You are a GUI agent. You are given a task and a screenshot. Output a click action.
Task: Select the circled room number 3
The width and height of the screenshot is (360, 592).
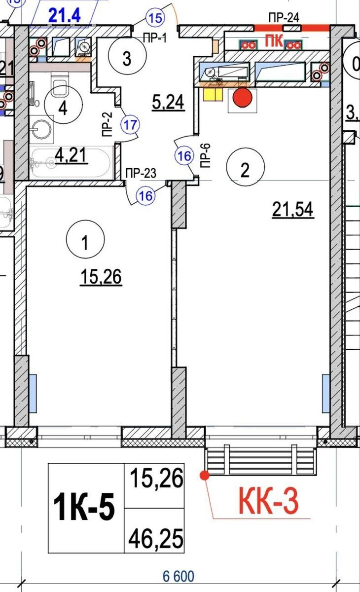pos(127,59)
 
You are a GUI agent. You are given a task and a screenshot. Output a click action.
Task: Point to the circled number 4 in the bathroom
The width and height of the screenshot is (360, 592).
pos(63,109)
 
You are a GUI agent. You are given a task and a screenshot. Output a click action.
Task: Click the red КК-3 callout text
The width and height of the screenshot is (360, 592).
pos(269,501)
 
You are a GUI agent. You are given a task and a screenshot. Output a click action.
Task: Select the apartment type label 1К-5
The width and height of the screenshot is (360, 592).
pos(85,509)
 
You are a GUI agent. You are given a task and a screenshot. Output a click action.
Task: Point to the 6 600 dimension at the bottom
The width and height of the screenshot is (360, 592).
pos(179,576)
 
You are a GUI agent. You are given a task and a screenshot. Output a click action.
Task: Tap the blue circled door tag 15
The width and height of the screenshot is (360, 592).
pos(155,19)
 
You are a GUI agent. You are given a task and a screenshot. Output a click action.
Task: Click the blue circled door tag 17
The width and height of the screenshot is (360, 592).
pos(130,124)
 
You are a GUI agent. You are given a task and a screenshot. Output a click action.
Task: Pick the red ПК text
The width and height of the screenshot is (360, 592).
pos(274,40)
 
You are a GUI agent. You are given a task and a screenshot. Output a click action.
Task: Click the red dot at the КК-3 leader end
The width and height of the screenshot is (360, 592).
pos(204,475)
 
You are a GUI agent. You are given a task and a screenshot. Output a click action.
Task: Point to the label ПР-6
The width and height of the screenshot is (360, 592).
pos(206,156)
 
